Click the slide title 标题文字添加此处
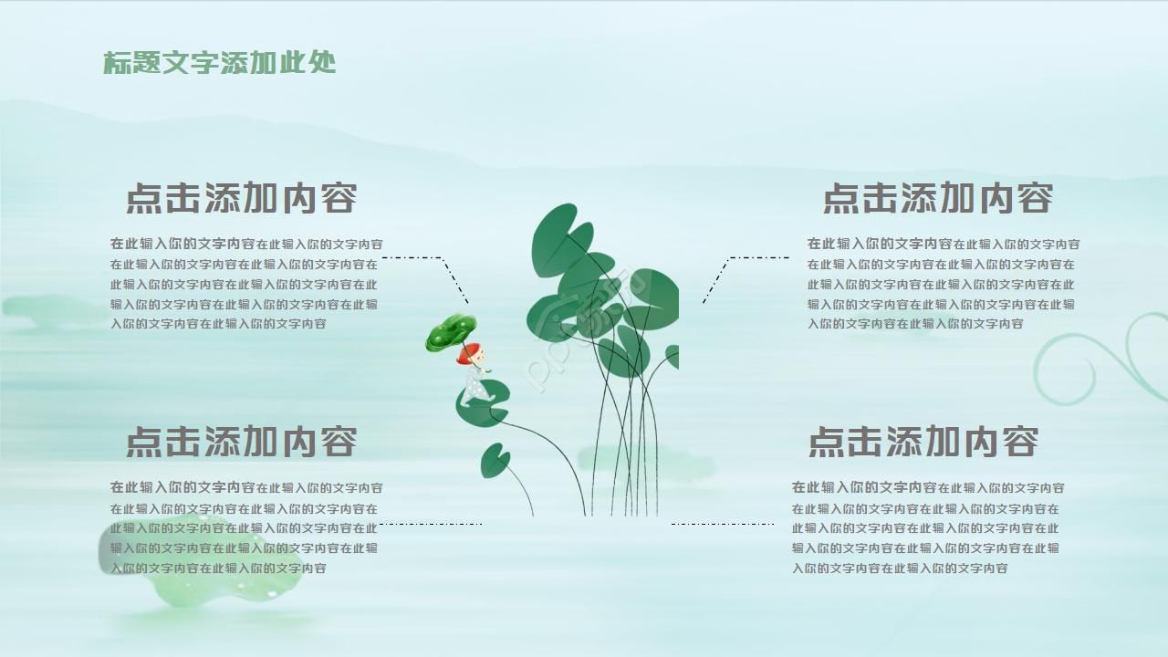pyautogui.click(x=219, y=62)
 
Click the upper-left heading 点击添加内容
pyautogui.click(x=241, y=198)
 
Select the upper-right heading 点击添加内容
pyautogui.click(x=938, y=198)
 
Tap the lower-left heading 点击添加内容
pyautogui.click(x=241, y=442)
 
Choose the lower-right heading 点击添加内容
pyautogui.click(x=923, y=442)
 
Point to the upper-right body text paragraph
pyautogui.click(x=942, y=284)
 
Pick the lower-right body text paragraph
pyautogui.click(x=926, y=527)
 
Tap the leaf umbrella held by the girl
pyautogui.click(x=450, y=332)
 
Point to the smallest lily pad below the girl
pyautogui.click(x=495, y=461)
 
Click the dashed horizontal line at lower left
pyautogui.click(x=431, y=524)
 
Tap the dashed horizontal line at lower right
pyautogui.click(x=723, y=524)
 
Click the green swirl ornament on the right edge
pyautogui.click(x=1095, y=360)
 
